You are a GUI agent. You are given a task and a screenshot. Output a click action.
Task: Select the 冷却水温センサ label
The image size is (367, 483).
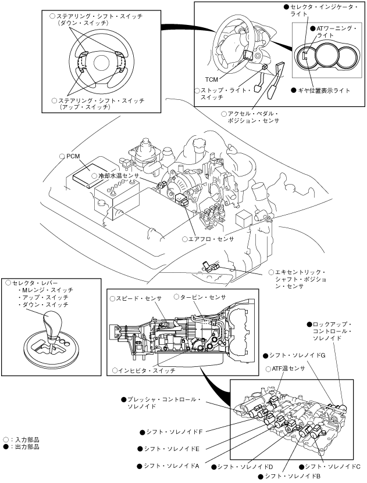coord(119,175)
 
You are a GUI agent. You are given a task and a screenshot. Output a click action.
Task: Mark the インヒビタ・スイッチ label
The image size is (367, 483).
coord(145,370)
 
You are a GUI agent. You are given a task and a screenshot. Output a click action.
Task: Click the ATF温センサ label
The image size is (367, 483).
coord(288,369)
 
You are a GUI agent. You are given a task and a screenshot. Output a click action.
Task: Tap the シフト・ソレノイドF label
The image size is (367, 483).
coord(174,432)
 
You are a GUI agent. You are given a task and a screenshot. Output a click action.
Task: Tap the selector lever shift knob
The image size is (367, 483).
coord(54,320)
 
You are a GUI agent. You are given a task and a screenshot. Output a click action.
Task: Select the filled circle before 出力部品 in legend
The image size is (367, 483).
coord(6,446)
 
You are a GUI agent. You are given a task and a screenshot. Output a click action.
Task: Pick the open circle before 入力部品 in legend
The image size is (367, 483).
coord(6,439)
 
